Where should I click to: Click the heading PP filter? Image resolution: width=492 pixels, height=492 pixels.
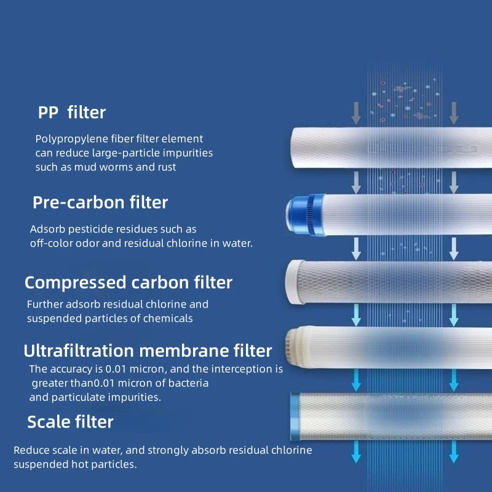tap(72, 113)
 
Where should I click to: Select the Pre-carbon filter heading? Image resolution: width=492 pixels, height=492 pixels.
tap(100, 202)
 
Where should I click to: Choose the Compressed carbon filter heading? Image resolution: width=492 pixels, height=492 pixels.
tap(129, 282)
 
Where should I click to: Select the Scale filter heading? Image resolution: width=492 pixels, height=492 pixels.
tap(70, 422)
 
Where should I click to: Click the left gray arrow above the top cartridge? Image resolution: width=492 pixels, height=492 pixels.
tap(355, 113)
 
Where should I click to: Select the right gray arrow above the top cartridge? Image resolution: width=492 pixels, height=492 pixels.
tap(454, 113)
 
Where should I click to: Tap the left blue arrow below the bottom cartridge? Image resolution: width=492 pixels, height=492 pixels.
tap(355, 453)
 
